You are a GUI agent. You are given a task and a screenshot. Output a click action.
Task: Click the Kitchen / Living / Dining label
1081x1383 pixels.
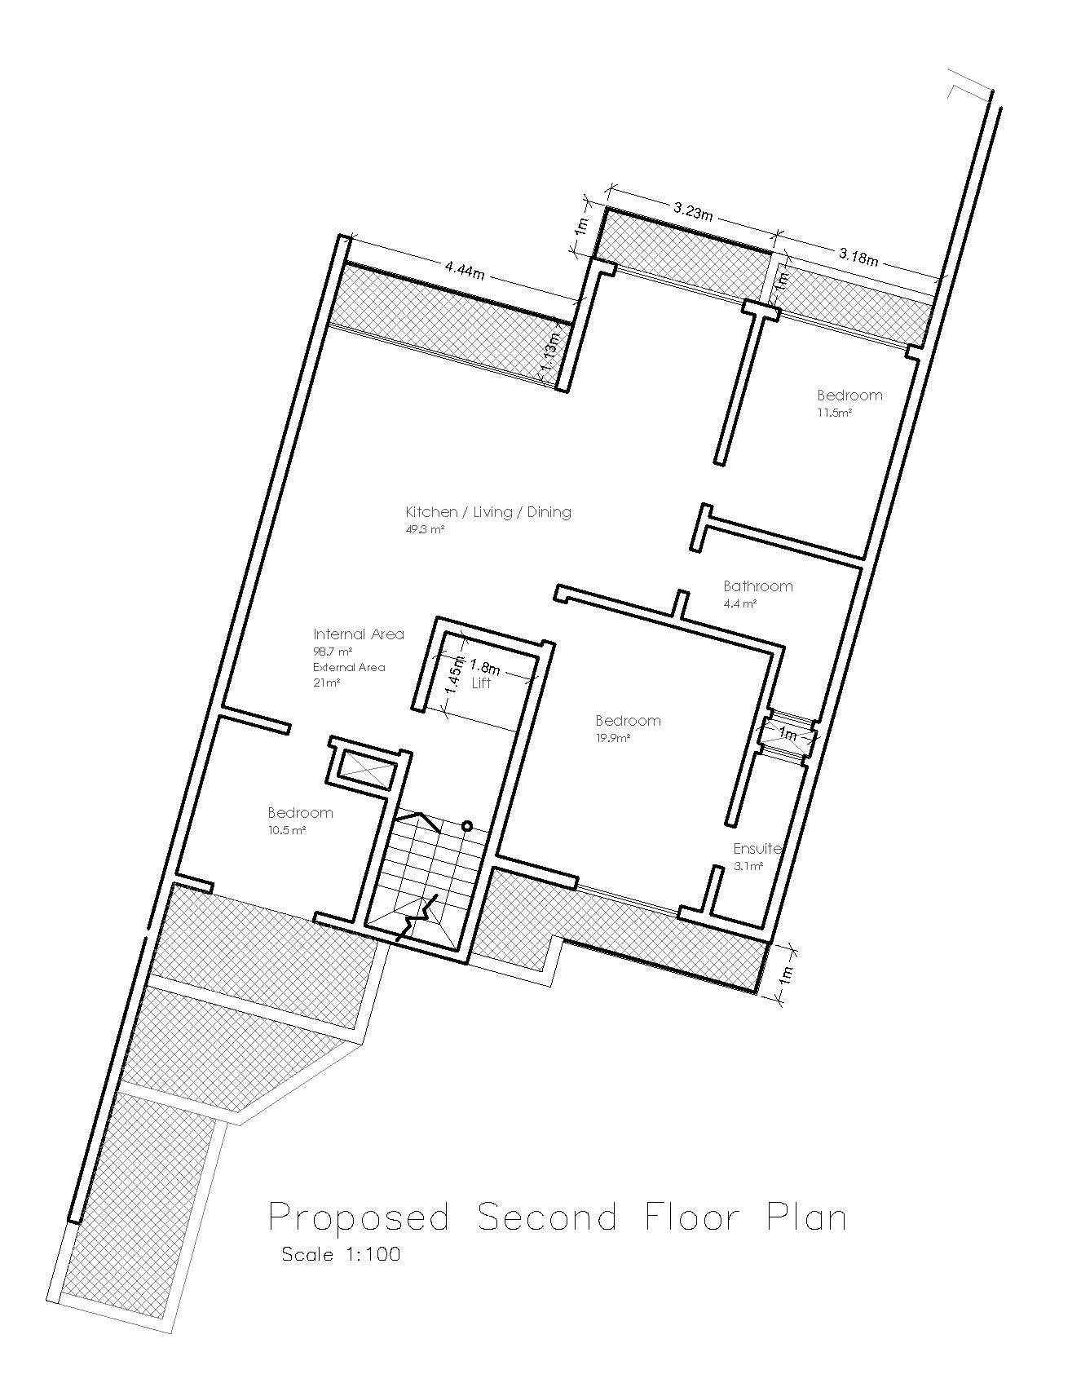pyautogui.click(x=488, y=512)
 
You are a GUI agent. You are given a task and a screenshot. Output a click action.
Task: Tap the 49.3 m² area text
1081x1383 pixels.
pyautogui.click(x=425, y=530)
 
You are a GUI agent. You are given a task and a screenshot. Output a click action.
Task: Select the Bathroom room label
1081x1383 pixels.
pyautogui.click(x=758, y=586)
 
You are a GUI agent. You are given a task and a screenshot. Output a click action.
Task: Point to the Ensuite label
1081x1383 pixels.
pyautogui.click(x=757, y=849)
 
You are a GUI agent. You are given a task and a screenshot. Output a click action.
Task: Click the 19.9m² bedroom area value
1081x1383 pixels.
pyautogui.click(x=613, y=738)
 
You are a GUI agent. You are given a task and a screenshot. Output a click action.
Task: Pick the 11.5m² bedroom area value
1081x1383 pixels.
pyautogui.click(x=835, y=413)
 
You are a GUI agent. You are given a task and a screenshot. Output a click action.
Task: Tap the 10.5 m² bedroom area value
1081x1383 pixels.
pyautogui.click(x=286, y=830)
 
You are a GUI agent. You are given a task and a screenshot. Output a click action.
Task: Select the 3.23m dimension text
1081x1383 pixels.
pyautogui.click(x=693, y=213)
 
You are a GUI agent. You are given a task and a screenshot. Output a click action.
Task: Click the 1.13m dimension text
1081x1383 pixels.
pyautogui.click(x=552, y=351)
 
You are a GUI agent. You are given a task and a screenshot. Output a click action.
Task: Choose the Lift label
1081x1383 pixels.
pyautogui.click(x=481, y=683)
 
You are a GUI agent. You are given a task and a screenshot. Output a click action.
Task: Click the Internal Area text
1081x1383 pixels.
pyautogui.click(x=359, y=634)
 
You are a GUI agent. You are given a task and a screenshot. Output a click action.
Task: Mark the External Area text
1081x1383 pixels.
pyautogui.click(x=349, y=667)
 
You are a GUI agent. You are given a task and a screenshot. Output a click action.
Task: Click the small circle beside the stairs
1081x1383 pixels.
pyautogui.click(x=467, y=826)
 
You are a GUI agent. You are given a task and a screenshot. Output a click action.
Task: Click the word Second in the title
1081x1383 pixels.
pyautogui.click(x=547, y=1217)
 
